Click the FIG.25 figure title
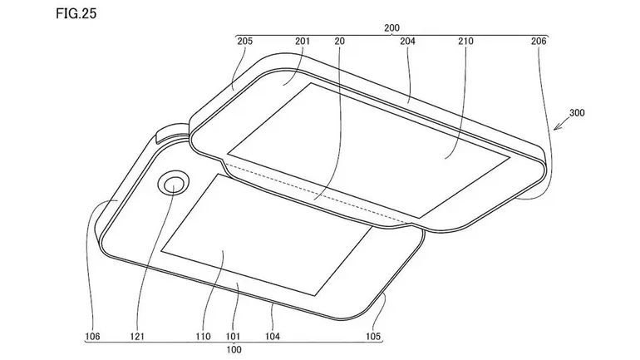[76, 13]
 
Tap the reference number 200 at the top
[391, 28]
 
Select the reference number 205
[245, 42]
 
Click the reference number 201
[303, 42]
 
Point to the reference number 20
[340, 42]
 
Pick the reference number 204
[407, 42]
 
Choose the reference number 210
[465, 42]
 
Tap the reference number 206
[539, 42]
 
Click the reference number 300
[577, 112]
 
